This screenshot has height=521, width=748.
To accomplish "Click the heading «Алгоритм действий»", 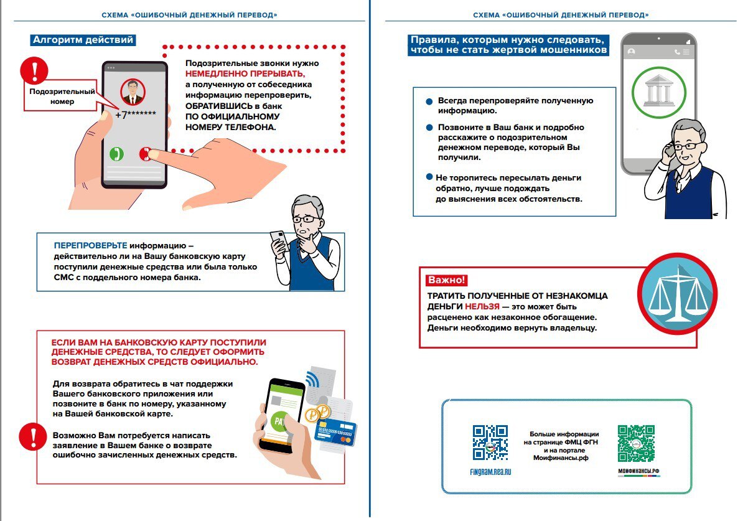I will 82,40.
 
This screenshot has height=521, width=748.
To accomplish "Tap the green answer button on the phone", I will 116,154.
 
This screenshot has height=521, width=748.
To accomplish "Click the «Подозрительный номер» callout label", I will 62,96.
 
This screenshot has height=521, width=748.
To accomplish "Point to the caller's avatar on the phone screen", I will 131,92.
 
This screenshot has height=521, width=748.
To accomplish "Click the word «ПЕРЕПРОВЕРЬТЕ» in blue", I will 90,245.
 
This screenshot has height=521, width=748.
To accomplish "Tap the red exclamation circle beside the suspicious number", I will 34,70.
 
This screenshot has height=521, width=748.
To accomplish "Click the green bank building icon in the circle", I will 658,91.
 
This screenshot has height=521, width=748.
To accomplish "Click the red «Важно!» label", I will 446,280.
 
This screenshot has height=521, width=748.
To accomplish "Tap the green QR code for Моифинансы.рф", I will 635,443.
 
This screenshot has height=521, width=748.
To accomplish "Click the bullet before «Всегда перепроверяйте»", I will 429,101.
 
